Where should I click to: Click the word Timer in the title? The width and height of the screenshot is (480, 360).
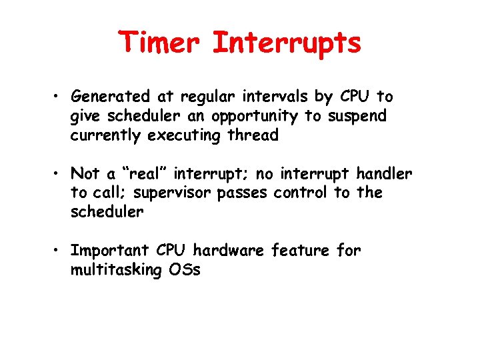(161, 43)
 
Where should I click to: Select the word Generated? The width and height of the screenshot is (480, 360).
(109, 97)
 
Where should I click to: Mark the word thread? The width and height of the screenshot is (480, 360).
(253, 135)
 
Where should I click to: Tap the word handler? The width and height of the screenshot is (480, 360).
(385, 174)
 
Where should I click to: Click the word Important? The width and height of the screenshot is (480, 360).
(110, 251)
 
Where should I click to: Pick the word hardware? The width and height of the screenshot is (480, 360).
(229, 251)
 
